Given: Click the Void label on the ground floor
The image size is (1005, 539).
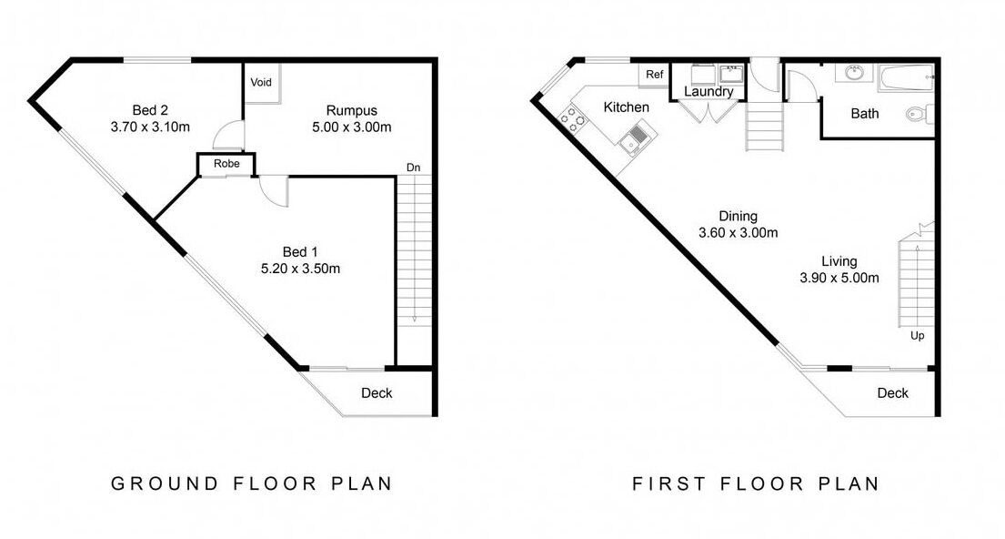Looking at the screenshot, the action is (x=261, y=82).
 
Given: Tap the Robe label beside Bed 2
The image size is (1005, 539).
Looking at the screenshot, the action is (x=226, y=164).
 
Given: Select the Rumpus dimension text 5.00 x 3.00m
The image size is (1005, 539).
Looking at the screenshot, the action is (x=351, y=127).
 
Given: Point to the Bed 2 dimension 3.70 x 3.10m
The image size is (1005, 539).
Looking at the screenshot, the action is (x=150, y=127).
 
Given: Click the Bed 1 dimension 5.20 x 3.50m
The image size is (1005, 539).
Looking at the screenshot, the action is (x=300, y=269).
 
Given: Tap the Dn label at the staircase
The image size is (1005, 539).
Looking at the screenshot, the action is (x=414, y=168).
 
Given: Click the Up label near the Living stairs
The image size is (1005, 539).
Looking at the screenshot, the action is (x=917, y=336).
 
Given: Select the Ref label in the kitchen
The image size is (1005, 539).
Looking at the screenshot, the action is (x=655, y=75).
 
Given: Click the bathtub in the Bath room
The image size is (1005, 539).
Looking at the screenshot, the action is (x=906, y=78).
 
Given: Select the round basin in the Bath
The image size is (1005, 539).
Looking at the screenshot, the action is (x=854, y=73).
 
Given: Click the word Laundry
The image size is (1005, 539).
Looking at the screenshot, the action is (x=709, y=91).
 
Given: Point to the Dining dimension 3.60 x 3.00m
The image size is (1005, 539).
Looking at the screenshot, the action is (x=738, y=233).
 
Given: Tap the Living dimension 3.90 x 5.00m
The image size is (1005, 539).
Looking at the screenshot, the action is (x=839, y=278).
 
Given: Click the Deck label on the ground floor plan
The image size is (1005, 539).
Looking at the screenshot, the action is (x=377, y=393).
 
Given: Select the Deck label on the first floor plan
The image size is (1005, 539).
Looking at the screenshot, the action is (x=893, y=393).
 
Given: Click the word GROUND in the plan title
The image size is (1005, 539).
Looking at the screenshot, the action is (x=165, y=483).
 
